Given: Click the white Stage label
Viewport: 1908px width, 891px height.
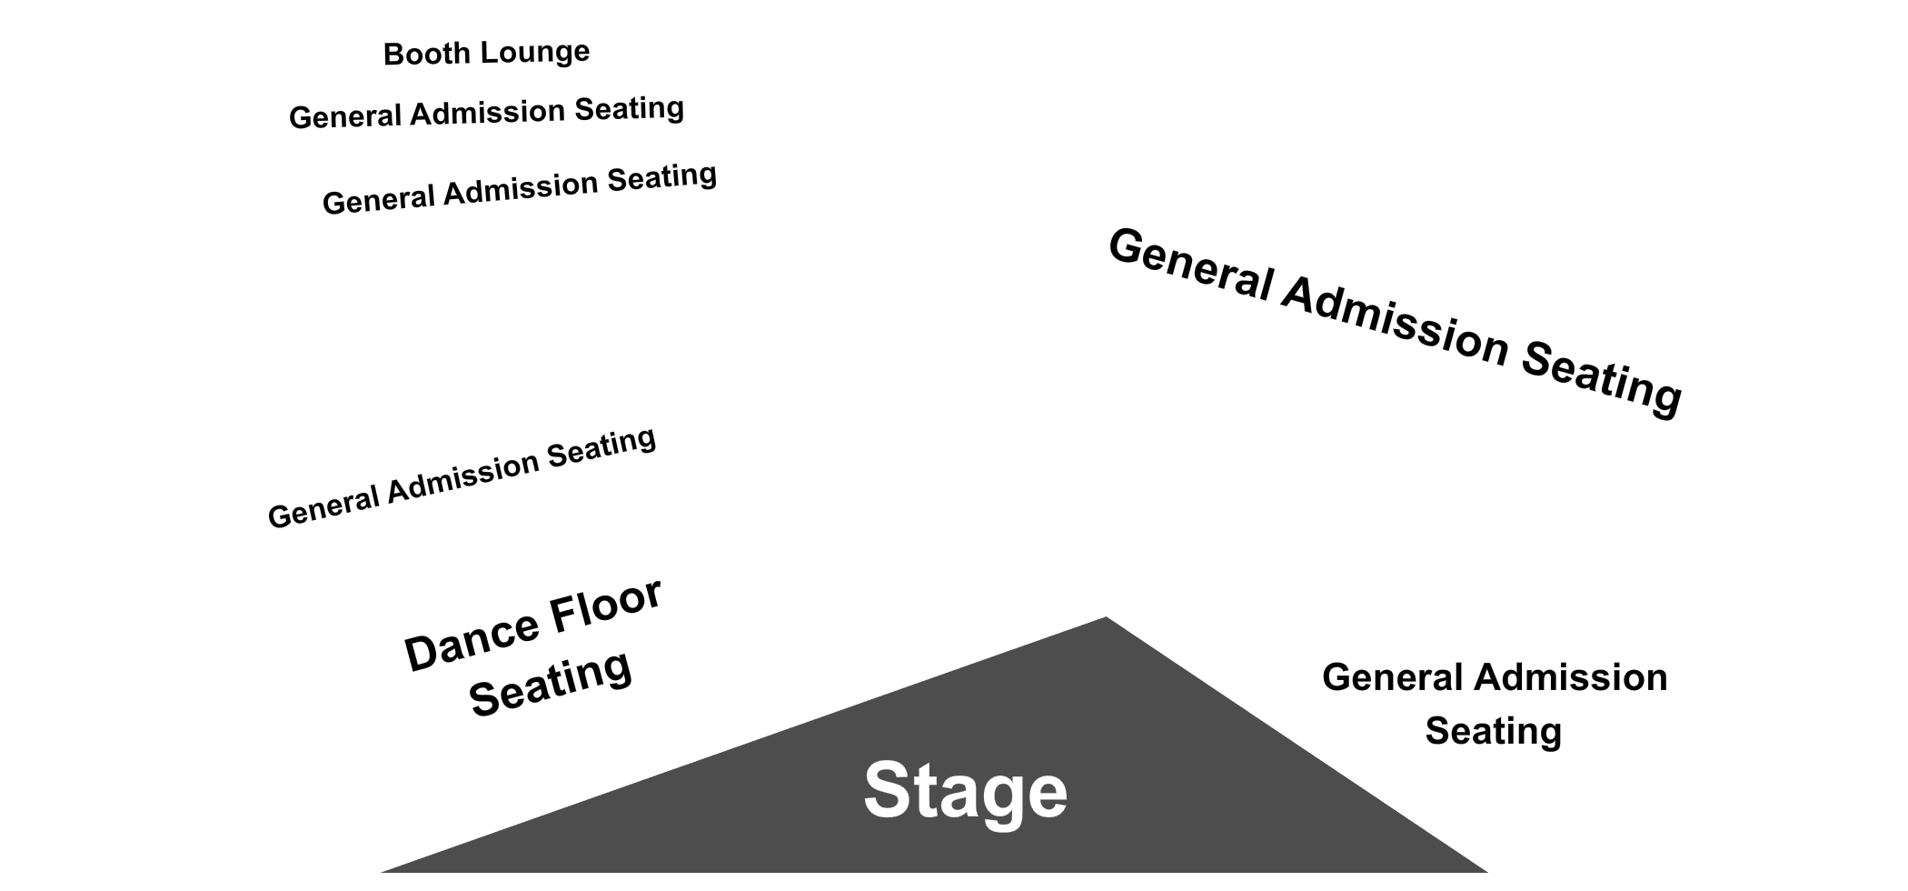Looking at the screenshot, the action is [x=965, y=790].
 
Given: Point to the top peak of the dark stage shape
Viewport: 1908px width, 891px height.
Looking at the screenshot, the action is [x=1106, y=617].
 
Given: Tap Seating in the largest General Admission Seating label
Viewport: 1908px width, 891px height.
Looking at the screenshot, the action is [x=1601, y=379].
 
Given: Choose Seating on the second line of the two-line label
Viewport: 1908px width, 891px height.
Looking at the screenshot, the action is [x=1494, y=732].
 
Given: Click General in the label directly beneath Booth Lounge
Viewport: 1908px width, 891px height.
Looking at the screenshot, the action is [x=345, y=116].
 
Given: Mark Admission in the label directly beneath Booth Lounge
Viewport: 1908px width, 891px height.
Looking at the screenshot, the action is [x=487, y=113].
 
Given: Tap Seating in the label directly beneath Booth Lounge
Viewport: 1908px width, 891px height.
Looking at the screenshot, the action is [x=629, y=109].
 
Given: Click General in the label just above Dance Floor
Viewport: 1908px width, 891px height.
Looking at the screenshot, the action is [x=324, y=506].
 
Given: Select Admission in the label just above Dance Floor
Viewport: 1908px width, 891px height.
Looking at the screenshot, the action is [x=463, y=476].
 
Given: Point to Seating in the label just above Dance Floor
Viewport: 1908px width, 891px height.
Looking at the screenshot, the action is [x=601, y=445].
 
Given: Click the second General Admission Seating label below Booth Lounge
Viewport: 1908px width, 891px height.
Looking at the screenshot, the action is [x=520, y=189].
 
